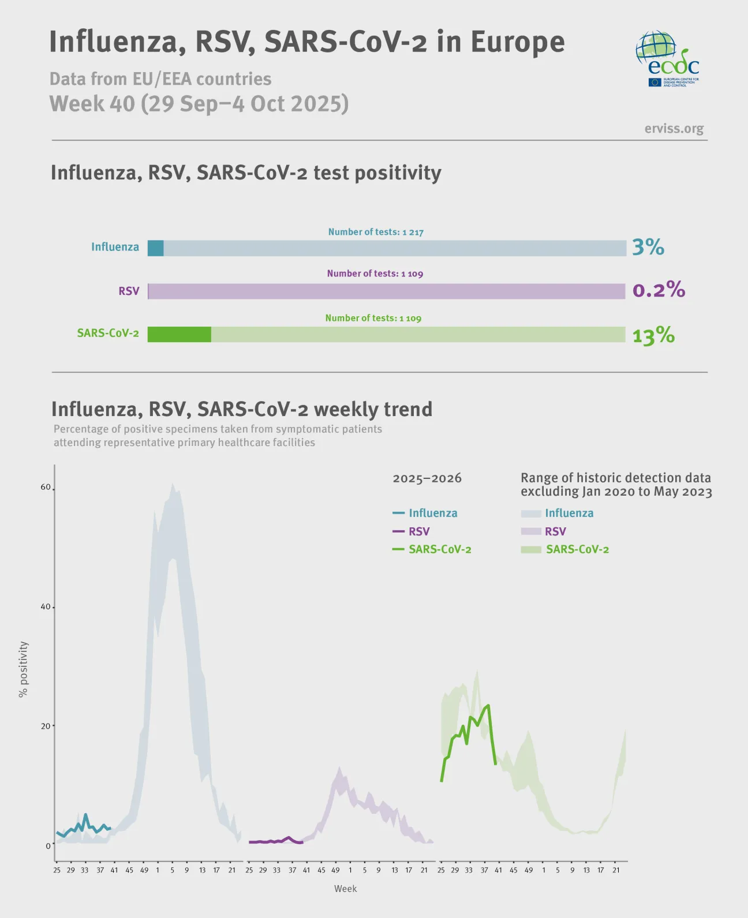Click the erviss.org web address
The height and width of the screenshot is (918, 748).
pos(674,129)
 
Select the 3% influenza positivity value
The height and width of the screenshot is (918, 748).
pos(648,247)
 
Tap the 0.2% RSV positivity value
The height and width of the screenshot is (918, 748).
pos(658,290)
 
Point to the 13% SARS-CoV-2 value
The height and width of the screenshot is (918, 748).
pos(653,335)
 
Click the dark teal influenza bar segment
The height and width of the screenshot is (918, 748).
pos(156,248)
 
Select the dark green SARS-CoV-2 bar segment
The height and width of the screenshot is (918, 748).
pos(179,335)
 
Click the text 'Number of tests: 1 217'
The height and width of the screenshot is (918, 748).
pos(376,232)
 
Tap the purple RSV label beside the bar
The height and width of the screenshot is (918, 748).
pos(129,291)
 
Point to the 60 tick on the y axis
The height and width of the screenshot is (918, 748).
pos(46,487)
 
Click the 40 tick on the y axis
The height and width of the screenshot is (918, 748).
pos(46,607)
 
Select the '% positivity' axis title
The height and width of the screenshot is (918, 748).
pos(24,669)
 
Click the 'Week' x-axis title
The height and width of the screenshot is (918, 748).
pos(345,889)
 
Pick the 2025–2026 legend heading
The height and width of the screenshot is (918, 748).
pos(427,478)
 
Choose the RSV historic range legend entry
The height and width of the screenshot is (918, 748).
pos(555,531)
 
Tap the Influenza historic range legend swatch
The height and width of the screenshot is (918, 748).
pos(531,514)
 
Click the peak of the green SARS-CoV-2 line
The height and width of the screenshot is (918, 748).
pos(488,705)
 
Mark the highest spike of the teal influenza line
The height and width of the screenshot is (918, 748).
pos(85,814)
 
